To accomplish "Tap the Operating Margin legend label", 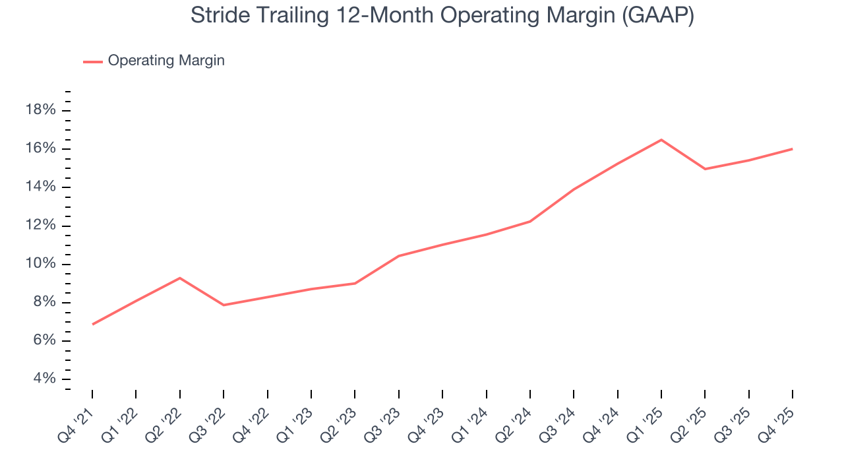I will [166, 61].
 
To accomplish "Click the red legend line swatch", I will [93, 61].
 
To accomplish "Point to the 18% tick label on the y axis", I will [40, 110].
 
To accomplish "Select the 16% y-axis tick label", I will [40, 148].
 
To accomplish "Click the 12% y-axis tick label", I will [40, 226].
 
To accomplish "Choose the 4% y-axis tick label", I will [44, 379].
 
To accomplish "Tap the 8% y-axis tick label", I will [44, 303].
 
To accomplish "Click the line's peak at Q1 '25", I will [661, 140].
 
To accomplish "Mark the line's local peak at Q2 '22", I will [180, 278].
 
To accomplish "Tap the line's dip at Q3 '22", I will [224, 305].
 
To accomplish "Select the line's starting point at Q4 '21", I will [92, 324].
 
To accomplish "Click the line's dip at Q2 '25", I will [705, 169].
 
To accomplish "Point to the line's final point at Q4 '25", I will [792, 149].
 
